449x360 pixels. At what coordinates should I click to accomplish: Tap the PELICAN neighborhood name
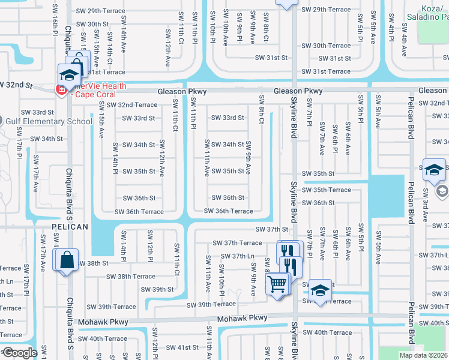click(69, 227)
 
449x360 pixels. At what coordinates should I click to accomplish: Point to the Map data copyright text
click(423, 355)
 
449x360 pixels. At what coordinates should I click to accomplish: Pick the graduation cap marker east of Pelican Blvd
click(433, 170)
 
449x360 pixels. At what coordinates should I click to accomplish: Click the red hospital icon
click(61, 90)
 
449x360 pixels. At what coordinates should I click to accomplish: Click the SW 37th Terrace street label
click(237, 243)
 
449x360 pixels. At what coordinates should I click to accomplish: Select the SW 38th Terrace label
click(131, 277)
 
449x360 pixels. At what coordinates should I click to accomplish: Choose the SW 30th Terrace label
click(326, 46)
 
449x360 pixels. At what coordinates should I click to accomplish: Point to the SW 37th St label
click(272, 229)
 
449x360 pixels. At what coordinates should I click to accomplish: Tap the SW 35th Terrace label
click(327, 190)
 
